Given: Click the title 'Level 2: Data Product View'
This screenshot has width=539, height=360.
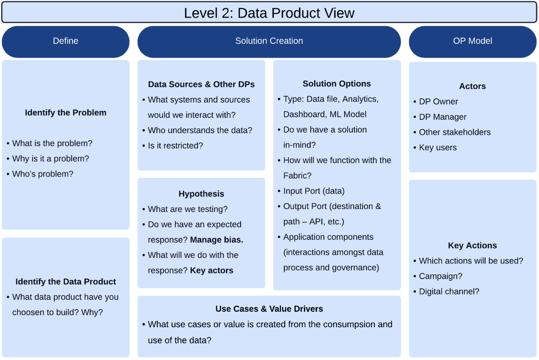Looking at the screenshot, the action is (x=269, y=13).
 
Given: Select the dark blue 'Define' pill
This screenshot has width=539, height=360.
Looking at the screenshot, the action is (x=66, y=41).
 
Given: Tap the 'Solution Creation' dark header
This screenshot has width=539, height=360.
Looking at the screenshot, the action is (x=269, y=41).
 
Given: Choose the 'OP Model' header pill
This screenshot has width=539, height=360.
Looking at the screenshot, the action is (x=473, y=41).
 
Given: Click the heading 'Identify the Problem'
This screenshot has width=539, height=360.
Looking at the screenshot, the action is (x=66, y=113).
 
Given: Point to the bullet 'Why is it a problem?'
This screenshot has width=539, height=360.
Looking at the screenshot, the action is (x=50, y=158).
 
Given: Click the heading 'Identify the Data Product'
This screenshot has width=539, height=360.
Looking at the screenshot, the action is (x=66, y=282).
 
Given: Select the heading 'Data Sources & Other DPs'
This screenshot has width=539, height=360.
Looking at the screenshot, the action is (x=201, y=85).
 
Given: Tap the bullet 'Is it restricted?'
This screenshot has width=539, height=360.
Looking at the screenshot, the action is (x=175, y=146).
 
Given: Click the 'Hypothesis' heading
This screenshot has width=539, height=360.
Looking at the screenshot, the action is (x=201, y=194).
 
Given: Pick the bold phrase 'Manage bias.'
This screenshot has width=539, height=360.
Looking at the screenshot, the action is (x=217, y=240).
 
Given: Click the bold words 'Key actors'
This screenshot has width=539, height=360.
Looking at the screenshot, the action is (x=212, y=270).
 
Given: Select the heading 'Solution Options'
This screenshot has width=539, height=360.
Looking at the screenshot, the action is (x=337, y=84).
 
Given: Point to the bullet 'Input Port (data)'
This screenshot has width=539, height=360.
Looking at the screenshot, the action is (x=314, y=191).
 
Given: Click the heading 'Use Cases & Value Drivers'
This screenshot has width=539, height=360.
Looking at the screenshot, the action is (x=269, y=309).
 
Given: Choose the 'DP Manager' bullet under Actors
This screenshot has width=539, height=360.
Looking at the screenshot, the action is (x=442, y=117).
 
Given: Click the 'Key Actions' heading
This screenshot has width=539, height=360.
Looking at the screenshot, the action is (x=473, y=246).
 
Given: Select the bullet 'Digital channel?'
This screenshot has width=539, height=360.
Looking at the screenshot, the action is (x=449, y=292).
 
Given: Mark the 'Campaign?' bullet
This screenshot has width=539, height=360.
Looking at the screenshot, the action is (x=440, y=276).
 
